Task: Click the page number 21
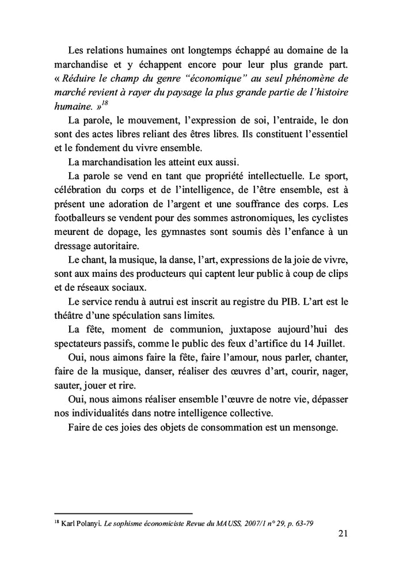343,533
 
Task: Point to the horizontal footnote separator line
123,513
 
